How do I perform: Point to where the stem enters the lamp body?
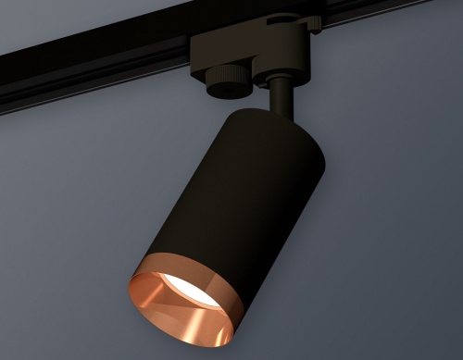(282, 116)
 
